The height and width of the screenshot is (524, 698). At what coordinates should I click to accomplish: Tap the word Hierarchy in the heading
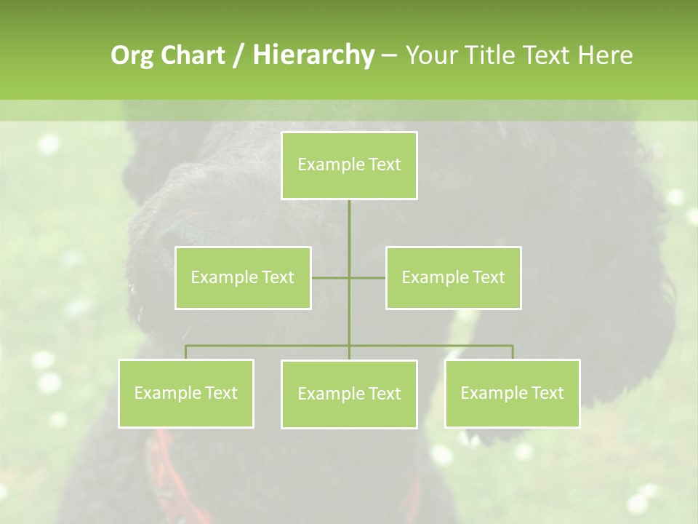click(313, 55)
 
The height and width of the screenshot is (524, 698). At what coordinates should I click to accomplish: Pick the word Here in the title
click(605, 55)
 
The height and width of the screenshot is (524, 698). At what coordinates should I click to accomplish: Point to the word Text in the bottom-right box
click(547, 393)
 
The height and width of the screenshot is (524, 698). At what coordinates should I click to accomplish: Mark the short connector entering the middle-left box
click(329, 277)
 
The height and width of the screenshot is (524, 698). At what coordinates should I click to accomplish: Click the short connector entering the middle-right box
click(368, 277)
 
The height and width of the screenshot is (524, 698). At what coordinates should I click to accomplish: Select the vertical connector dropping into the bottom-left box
click(186, 352)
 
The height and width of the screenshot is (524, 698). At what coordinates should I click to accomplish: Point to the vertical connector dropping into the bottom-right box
click(513, 352)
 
